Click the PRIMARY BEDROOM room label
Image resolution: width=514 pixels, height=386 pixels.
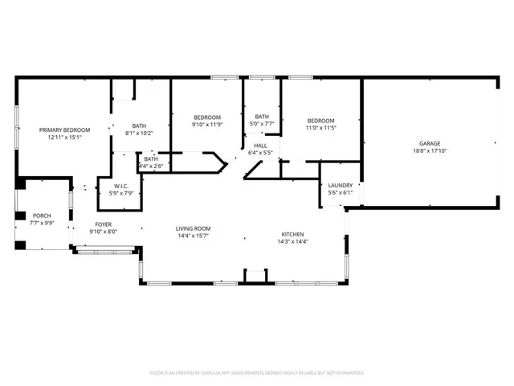click(65, 129)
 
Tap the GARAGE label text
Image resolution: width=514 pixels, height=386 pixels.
click(429, 143)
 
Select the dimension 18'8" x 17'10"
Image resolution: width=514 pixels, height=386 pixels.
click(429, 150)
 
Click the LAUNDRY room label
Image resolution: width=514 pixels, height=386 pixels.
click(341, 185)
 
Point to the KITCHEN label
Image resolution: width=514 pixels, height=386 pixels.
click(292, 233)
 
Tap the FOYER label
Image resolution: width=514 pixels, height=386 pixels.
click(104, 224)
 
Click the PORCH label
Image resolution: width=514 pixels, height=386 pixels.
click(41, 216)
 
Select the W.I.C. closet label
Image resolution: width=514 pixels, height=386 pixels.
click(111, 186)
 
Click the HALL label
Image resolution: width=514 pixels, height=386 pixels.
click(260, 146)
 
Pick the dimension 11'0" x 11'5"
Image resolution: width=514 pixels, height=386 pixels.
click(320, 127)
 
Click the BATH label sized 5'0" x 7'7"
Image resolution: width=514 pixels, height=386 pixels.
click(263, 117)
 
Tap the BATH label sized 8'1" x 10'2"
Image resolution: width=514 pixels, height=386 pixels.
click(140, 125)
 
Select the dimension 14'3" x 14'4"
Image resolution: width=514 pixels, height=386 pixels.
click(292, 240)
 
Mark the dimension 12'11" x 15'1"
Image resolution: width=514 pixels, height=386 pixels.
click(65, 137)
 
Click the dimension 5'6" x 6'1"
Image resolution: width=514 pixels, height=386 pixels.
click(341, 192)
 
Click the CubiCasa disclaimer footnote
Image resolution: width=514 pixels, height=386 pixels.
click(257, 373)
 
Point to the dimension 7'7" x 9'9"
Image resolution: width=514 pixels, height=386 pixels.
click(41, 223)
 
